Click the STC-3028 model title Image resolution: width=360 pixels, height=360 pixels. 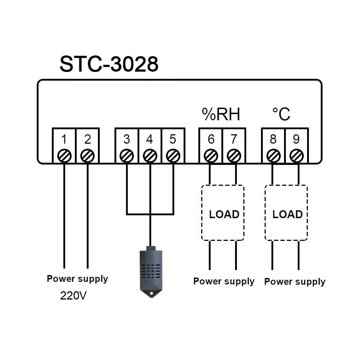(x=109, y=64)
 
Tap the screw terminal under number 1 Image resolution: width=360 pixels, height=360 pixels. (x=64, y=156)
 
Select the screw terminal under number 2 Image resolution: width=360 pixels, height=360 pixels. (x=87, y=156)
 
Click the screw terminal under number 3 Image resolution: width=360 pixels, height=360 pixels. (x=126, y=156)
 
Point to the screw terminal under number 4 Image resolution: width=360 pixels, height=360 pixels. (x=150, y=156)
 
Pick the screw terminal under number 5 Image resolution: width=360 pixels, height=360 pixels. (x=173, y=156)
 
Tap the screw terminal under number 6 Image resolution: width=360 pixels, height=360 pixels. (x=211, y=156)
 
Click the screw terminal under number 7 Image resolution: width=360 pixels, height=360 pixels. (x=234, y=156)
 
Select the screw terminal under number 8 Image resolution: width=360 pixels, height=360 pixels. (x=273, y=156)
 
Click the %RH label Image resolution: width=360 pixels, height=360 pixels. (x=221, y=115)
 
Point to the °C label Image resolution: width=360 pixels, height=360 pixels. (x=281, y=114)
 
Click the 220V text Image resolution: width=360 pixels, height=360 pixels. (x=73, y=296)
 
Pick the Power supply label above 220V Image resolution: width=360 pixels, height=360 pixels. (x=77, y=279)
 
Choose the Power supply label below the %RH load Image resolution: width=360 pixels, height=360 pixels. (x=224, y=281)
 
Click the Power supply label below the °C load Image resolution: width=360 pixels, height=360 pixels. (x=295, y=282)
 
